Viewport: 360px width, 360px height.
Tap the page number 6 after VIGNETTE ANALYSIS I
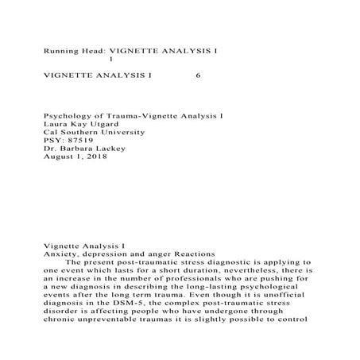point(197,76)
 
